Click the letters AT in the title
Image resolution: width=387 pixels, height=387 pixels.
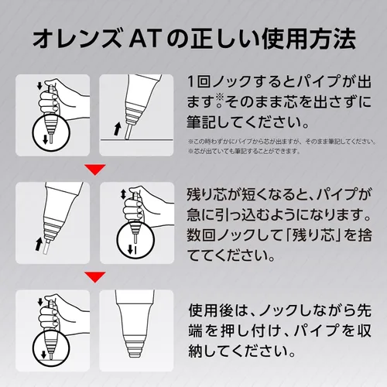[x=144, y=39]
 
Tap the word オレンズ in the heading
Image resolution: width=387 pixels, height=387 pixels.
[x=77, y=39]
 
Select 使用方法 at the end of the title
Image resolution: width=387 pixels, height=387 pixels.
[x=309, y=39]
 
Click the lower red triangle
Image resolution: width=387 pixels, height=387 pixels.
[x=95, y=277]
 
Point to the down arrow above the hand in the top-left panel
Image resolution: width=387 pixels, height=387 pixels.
[x=39, y=86]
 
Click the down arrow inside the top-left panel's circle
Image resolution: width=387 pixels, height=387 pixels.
[x=46, y=139]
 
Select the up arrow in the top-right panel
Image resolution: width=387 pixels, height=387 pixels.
[x=117, y=129]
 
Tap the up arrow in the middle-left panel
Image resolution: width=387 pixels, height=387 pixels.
[x=39, y=244]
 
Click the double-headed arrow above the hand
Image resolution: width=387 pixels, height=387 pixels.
[x=123, y=194]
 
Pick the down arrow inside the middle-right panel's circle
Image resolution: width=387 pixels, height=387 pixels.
[x=131, y=249]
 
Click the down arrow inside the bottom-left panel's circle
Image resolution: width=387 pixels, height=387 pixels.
[x=43, y=354]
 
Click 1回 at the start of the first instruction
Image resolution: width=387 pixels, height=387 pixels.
[x=198, y=81]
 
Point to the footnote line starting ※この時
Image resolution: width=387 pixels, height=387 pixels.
[x=282, y=142]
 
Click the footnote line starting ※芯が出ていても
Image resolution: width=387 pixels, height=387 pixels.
[x=245, y=151]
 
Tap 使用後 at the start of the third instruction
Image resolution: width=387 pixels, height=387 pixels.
[x=208, y=310]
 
